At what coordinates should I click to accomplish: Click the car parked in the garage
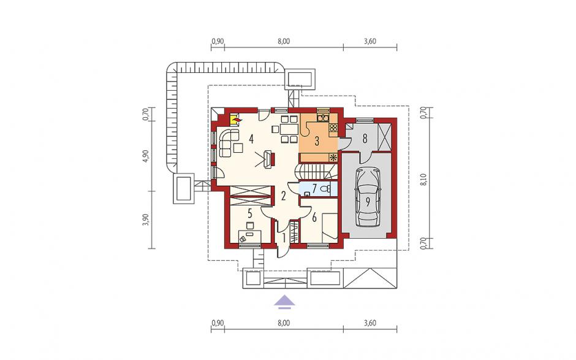(x=367, y=197)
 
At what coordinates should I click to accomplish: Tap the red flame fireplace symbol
(x=235, y=119)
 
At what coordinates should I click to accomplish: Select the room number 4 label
(x=251, y=139)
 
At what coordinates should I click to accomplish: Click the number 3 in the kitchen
(x=317, y=141)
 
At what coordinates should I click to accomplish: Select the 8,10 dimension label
(x=425, y=179)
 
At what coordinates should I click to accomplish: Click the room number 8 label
(x=365, y=139)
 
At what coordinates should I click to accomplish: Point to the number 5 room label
(x=250, y=213)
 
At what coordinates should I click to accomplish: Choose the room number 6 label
(x=314, y=217)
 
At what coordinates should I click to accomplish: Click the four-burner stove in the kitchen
(x=333, y=128)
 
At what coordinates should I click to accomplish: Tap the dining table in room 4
(x=289, y=129)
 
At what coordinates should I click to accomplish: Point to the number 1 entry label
(x=283, y=239)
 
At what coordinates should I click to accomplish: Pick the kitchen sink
(x=322, y=118)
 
